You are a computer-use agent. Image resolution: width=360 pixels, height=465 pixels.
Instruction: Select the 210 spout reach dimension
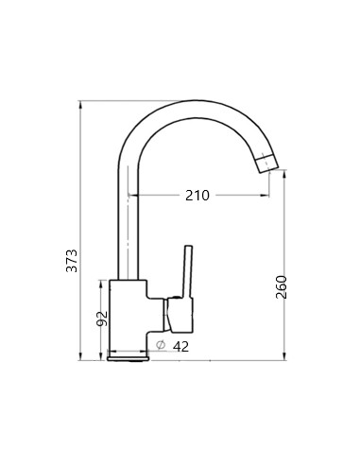(197, 196)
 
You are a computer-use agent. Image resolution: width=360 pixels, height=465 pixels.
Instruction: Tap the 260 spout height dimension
(281, 286)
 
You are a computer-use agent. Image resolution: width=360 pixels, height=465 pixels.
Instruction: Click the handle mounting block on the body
(178, 310)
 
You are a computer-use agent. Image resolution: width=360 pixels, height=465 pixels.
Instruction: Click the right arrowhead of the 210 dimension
(267, 196)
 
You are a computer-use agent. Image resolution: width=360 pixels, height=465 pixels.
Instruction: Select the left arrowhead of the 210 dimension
(132, 196)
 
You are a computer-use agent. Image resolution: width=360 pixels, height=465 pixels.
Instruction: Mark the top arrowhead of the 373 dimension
(81, 102)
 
